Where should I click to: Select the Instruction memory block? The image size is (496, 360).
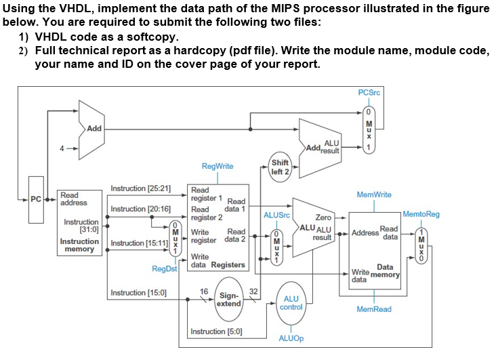point(80,224)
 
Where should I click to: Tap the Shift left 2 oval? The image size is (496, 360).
point(279,167)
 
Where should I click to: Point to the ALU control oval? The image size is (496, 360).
point(291,302)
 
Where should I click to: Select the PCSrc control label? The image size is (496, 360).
point(369,92)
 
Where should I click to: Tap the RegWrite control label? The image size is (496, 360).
point(218,166)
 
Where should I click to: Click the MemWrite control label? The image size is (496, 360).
point(374,195)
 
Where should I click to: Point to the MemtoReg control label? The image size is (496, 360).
point(421,214)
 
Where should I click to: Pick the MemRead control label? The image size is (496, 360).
point(373,309)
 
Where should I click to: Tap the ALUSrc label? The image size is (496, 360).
point(276,215)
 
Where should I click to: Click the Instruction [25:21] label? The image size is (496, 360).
point(140,187)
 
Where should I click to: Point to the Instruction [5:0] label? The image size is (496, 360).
point(217,332)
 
